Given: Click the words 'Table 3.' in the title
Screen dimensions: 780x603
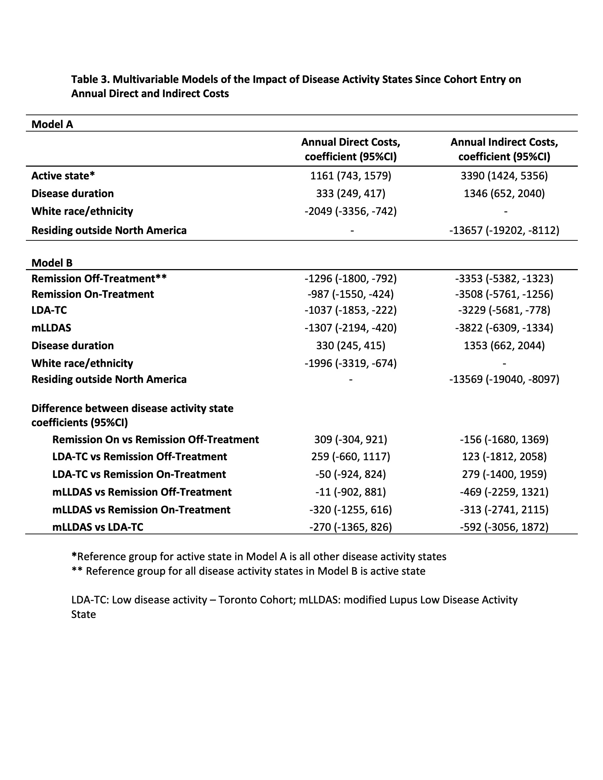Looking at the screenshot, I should [90, 79].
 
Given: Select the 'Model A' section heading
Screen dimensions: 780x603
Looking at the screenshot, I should [52, 124].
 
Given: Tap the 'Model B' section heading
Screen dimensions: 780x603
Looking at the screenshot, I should [52, 263].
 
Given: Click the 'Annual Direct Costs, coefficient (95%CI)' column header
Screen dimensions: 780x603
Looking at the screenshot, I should [350, 149].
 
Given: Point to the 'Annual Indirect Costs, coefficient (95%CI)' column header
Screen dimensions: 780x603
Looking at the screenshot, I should [504, 149].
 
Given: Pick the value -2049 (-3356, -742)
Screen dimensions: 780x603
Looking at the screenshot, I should [350, 211].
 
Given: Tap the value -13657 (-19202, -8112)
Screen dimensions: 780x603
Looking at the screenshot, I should [504, 230].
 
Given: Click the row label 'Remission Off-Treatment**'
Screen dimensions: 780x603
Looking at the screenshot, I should [99, 279].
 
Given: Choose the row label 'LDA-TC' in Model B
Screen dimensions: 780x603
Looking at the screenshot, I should [49, 310].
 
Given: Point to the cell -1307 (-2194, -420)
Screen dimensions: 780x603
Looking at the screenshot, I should [350, 328].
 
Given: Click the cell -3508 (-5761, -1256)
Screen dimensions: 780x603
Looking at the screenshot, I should [504, 294].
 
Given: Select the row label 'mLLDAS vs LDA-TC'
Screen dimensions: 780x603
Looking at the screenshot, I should [98, 527].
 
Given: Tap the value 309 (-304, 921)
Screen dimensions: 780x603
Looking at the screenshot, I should [350, 439].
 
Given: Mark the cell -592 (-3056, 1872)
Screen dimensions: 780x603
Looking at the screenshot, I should [504, 527].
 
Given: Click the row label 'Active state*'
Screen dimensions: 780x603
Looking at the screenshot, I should [63, 176].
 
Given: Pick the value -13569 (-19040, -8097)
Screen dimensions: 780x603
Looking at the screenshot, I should [504, 379].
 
